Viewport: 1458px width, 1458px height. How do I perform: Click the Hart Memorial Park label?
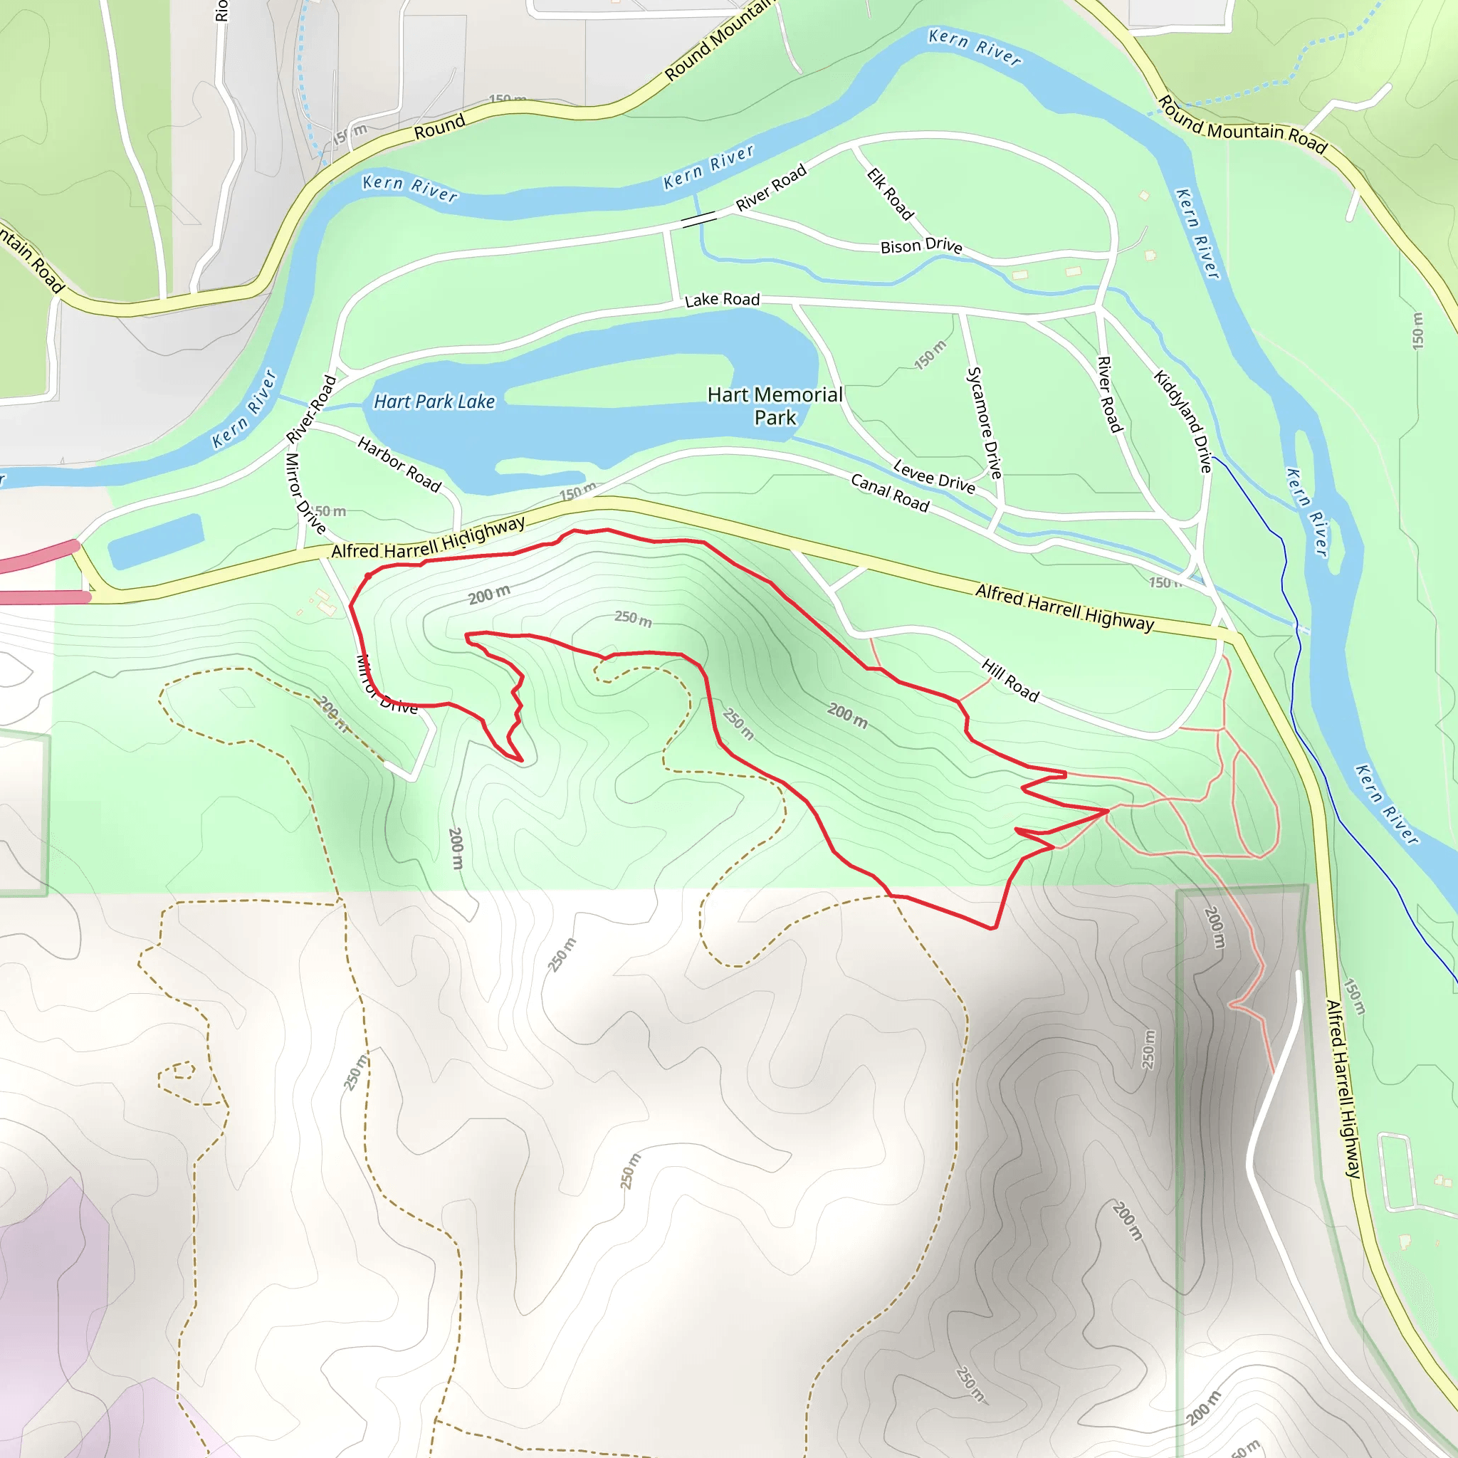775,406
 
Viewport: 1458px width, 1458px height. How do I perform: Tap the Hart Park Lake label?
434,402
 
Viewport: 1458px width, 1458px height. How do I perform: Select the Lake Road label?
721,300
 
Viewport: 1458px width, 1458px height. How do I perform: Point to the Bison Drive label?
921,246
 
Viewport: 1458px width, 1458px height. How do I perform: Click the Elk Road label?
890,194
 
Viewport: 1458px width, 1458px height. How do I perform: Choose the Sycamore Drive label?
984,422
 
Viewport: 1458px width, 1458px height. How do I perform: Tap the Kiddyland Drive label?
1182,420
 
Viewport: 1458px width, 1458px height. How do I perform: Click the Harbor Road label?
399,464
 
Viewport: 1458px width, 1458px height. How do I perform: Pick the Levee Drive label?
933,477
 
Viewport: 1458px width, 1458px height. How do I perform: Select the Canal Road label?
890,493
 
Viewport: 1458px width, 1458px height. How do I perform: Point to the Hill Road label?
1009,680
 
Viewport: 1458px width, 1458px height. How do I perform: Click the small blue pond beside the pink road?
155,540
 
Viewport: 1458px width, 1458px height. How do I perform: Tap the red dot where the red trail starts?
368,576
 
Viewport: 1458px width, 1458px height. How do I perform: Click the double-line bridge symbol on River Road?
699,219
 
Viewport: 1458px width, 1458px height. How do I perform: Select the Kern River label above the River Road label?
708,167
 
